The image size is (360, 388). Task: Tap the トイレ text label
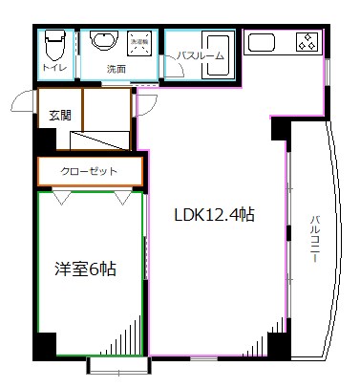54,70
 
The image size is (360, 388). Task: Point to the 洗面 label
116,70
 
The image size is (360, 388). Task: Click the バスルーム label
201,56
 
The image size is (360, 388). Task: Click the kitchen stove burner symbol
307,41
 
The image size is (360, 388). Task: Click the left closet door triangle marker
60,198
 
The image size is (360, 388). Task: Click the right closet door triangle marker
124,198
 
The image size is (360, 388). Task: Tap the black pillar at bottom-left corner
44,344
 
